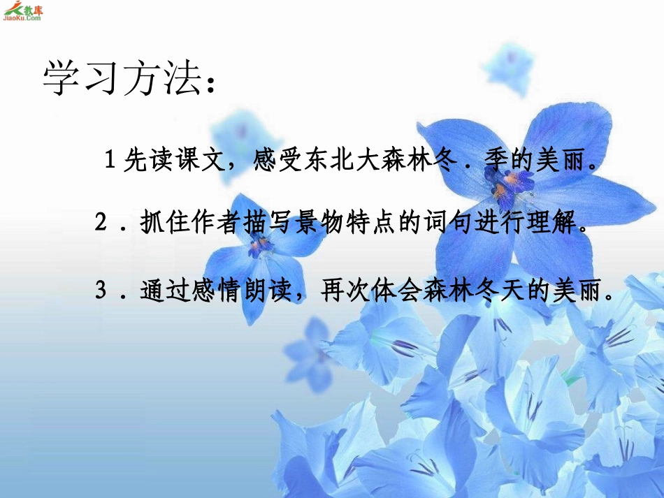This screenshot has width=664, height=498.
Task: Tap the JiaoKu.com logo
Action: point(22,11)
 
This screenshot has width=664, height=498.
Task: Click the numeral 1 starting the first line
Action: point(110,161)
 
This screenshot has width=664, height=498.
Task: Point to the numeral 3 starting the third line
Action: point(102,289)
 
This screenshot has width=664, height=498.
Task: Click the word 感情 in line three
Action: point(208,290)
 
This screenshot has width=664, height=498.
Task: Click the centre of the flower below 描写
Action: point(259,244)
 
